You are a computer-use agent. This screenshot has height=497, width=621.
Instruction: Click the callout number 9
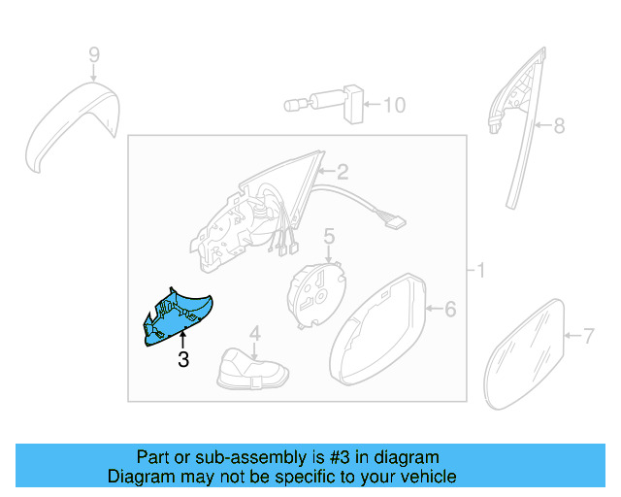(x=94, y=55)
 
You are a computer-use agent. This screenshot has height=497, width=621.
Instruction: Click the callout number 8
(x=558, y=125)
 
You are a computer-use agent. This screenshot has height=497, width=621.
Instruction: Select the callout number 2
(x=342, y=174)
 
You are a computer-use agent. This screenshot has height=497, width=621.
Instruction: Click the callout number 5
(x=329, y=235)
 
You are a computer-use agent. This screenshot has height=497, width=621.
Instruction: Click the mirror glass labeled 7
(x=525, y=353)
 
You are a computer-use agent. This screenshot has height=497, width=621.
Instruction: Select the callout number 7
(x=587, y=337)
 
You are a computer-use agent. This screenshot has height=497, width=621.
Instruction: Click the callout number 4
(x=254, y=334)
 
